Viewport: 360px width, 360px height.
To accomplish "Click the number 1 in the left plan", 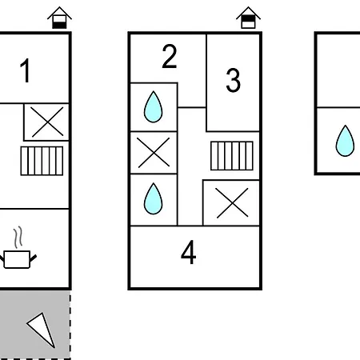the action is tap(26, 70).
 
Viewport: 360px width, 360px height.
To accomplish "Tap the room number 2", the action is tap(170, 57).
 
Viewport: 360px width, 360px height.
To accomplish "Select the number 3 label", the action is tap(233, 80).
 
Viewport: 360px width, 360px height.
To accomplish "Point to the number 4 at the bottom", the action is tap(189, 252).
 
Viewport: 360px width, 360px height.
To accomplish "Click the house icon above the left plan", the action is tap(59, 18).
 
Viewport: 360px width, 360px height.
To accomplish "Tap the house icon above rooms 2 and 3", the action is tap(248, 18).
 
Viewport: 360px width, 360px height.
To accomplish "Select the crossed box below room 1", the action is tap(46, 122).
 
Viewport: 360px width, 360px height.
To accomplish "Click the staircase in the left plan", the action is tap(42, 161).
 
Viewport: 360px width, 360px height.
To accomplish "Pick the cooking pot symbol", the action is tap(17, 259).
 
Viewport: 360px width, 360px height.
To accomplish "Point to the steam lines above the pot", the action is tap(18, 238).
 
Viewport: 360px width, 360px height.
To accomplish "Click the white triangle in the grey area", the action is tap(43, 329).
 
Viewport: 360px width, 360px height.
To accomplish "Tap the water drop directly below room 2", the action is tap(153, 106).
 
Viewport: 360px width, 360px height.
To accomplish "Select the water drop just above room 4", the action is tap(153, 198).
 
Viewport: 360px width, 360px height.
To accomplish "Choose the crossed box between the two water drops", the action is tap(154, 153).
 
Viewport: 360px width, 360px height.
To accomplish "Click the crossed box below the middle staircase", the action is tap(231, 203).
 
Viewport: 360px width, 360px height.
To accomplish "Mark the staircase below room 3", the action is tap(232, 156).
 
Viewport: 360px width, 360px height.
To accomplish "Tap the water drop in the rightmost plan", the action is tap(345, 141).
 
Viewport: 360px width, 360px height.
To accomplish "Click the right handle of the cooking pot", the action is tap(33, 258).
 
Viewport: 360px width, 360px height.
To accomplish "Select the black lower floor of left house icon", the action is tap(59, 25).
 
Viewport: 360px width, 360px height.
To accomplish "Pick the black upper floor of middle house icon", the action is tap(248, 18).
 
